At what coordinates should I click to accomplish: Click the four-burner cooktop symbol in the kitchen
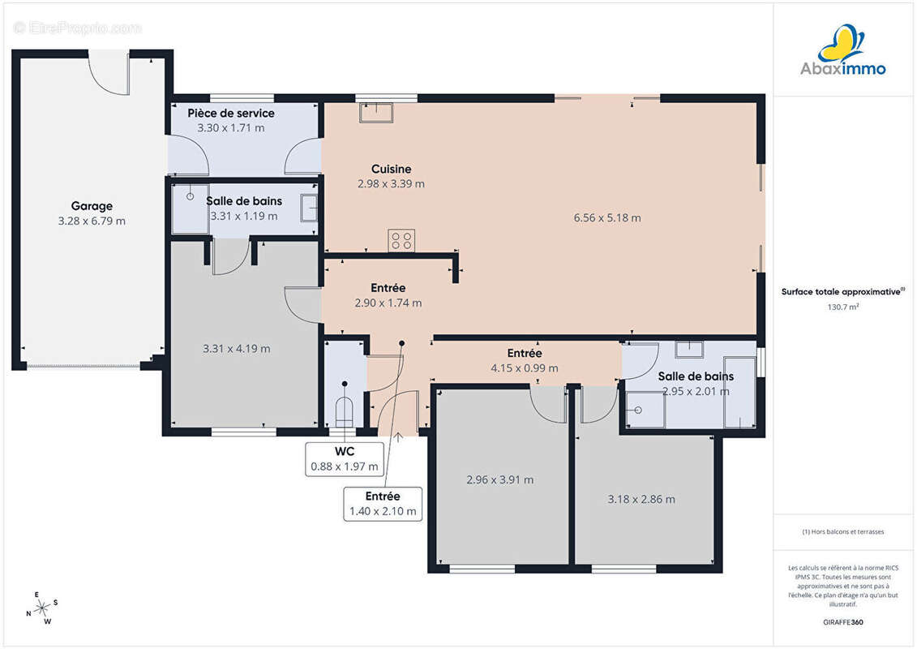pyautogui.click(x=401, y=240)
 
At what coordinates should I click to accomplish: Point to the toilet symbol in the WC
pyautogui.click(x=345, y=411)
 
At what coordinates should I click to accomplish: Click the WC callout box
pyautogui.click(x=345, y=459)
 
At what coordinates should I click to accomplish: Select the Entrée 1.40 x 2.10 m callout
pyautogui.click(x=383, y=503)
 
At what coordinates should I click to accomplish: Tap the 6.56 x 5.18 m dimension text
pyautogui.click(x=607, y=217)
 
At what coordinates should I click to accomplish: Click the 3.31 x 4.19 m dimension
pyautogui.click(x=236, y=349)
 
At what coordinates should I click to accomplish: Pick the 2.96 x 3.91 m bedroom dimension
pyautogui.click(x=500, y=480)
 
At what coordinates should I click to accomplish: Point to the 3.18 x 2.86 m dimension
pyautogui.click(x=641, y=499)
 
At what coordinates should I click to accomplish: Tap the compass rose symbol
pyautogui.click(x=42, y=608)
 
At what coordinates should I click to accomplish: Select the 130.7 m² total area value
pyautogui.click(x=842, y=307)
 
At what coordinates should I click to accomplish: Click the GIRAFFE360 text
pyautogui.click(x=842, y=622)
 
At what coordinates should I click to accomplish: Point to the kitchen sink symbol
pyautogui.click(x=376, y=112)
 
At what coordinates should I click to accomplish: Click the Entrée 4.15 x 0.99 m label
pyautogui.click(x=524, y=360)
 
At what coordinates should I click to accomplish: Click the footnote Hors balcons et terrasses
pyautogui.click(x=842, y=532)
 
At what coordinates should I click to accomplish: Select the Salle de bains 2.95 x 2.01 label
pyautogui.click(x=696, y=384)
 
